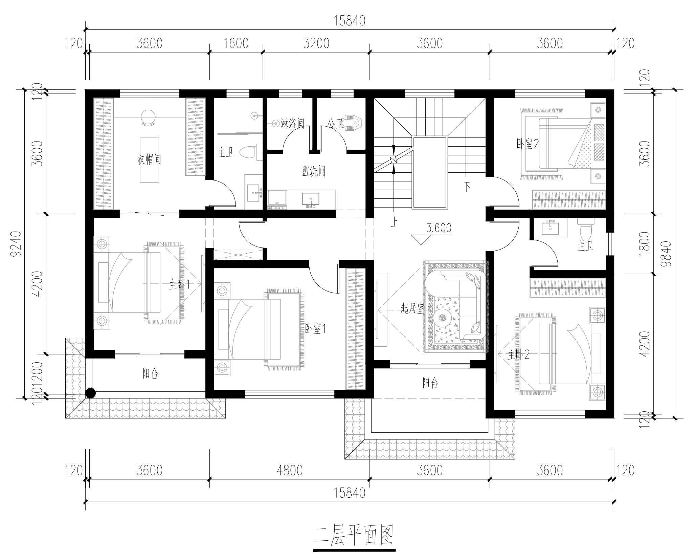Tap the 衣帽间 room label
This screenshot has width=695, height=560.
tap(149, 159)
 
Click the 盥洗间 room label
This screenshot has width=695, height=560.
tap(313, 171)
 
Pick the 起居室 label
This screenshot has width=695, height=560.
tap(412, 308)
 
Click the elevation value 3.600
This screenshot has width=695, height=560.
tap(439, 228)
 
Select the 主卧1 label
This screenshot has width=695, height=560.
tap(179, 285)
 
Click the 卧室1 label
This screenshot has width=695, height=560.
tap(315, 329)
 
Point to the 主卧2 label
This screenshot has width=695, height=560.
tap(518, 354)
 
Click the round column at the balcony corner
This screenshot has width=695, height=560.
tap(90, 393)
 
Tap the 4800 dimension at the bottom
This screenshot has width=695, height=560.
tap(289, 470)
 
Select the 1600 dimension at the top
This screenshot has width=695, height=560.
tap(236, 43)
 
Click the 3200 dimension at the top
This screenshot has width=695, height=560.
tap(316, 43)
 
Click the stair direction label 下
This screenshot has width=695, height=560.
tap(467, 187)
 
